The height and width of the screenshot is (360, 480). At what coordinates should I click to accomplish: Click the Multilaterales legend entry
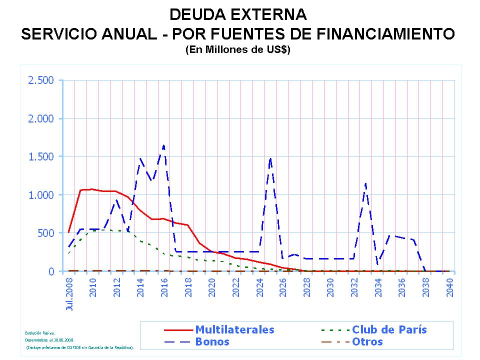234,329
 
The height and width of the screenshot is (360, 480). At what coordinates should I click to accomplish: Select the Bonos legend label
212,342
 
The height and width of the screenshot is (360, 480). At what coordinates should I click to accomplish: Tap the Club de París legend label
389,329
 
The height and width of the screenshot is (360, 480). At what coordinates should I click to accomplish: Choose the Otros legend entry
367,342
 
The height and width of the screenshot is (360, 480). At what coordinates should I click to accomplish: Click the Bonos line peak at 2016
163,145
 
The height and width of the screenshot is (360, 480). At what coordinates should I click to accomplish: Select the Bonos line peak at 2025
270,158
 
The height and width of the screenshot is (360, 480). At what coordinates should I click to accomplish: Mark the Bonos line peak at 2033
365,183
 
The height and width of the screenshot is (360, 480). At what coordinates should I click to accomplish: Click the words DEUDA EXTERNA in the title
238,14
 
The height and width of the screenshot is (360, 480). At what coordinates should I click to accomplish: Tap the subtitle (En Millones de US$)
238,50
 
